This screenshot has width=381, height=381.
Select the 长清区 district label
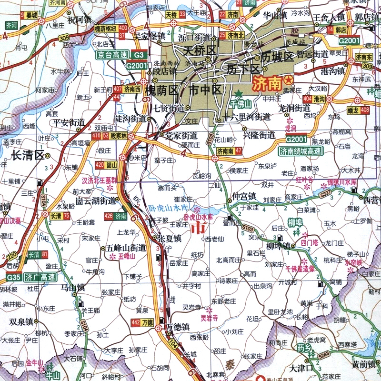(27, 155)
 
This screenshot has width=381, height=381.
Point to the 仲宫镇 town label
(244, 196)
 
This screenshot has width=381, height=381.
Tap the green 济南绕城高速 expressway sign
(301, 151)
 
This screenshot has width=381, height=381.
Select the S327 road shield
(325, 194)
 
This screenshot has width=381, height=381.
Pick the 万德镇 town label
(178, 327)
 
